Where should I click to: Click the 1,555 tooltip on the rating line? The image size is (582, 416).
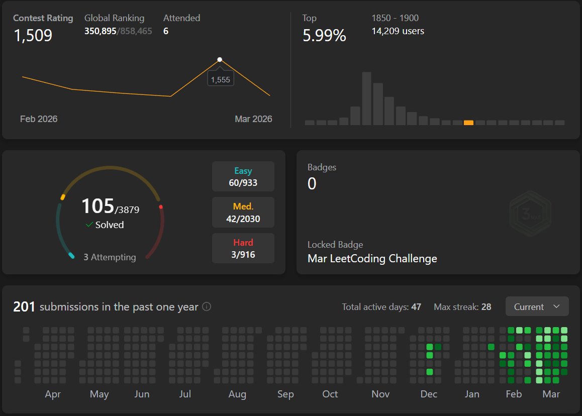[221, 79]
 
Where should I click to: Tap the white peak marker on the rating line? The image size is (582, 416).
[220, 60]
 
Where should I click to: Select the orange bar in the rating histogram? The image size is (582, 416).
[468, 123]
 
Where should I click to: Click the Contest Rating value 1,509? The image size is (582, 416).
[33, 35]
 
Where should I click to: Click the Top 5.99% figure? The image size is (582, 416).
[324, 35]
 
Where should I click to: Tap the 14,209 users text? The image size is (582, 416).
[398, 31]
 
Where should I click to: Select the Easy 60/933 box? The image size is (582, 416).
[243, 176]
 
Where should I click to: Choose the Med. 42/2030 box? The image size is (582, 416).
[243, 213]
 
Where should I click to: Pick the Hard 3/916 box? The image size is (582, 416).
[243, 248]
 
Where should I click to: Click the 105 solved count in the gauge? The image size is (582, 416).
[98, 206]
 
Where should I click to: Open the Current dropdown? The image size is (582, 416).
[537, 306]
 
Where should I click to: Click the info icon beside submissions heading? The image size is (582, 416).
[206, 306]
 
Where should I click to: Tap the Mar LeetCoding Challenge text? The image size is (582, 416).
[372, 259]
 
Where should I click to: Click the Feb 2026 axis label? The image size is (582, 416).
[39, 119]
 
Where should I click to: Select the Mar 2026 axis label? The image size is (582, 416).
[253, 119]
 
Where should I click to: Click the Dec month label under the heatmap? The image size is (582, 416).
[429, 394]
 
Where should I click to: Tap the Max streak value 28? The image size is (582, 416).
[486, 306]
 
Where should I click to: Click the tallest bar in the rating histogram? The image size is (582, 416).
[367, 98]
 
